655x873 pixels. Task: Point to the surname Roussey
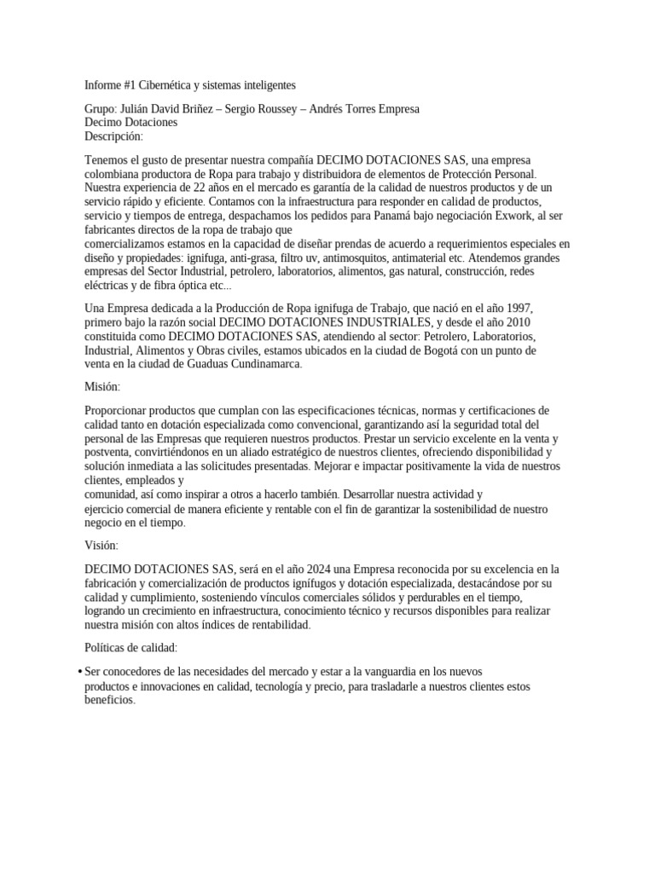(278, 110)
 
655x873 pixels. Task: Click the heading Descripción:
(114, 136)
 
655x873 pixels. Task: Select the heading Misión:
(103, 386)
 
